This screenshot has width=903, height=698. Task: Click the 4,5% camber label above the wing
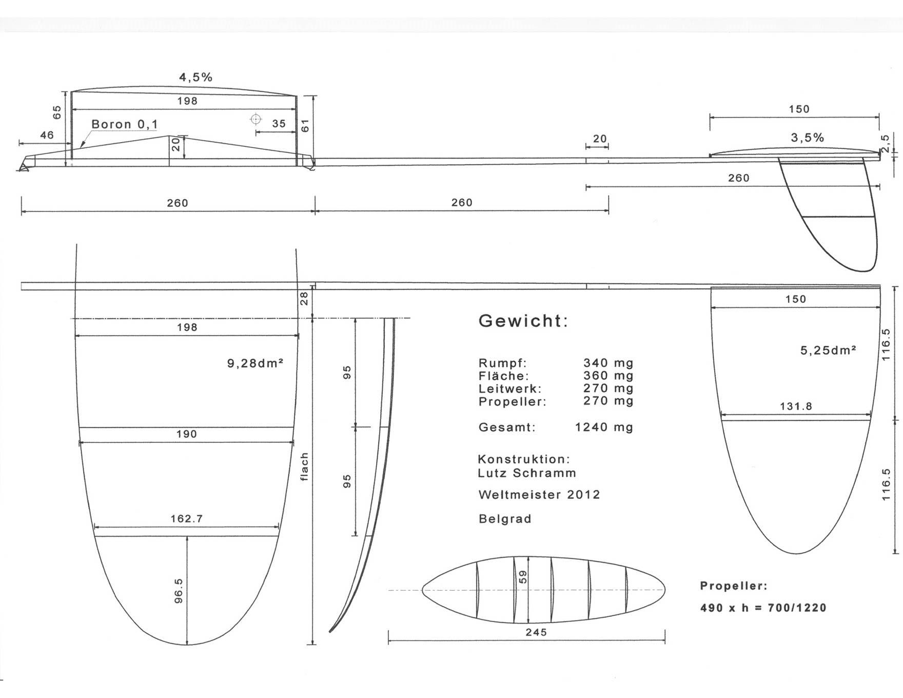[195, 77]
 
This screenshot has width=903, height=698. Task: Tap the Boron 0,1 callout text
[125, 124]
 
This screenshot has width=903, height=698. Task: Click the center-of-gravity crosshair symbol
[256, 120]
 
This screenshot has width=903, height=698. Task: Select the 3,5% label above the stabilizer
[808, 138]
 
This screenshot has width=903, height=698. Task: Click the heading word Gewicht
[523, 321]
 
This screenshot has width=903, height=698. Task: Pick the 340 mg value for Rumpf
[608, 363]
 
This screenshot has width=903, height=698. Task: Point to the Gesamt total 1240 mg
[604, 427]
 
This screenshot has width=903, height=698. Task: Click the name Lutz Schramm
[527, 473]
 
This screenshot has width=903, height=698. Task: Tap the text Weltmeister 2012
[539, 495]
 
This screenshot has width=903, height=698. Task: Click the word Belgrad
[505, 519]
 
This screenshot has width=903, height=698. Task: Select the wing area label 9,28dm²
[256, 363]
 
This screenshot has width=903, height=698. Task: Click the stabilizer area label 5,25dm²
[828, 351]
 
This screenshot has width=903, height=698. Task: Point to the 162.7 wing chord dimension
[187, 519]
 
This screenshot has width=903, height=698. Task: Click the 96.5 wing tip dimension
[179, 590]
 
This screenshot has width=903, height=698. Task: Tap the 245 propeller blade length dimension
[536, 632]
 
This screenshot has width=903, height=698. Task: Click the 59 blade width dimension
[523, 577]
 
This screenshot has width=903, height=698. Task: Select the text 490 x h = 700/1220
[763, 608]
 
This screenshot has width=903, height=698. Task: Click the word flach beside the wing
[304, 467]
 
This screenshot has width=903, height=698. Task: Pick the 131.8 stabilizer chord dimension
[796, 406]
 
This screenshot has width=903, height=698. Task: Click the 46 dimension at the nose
[47, 135]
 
